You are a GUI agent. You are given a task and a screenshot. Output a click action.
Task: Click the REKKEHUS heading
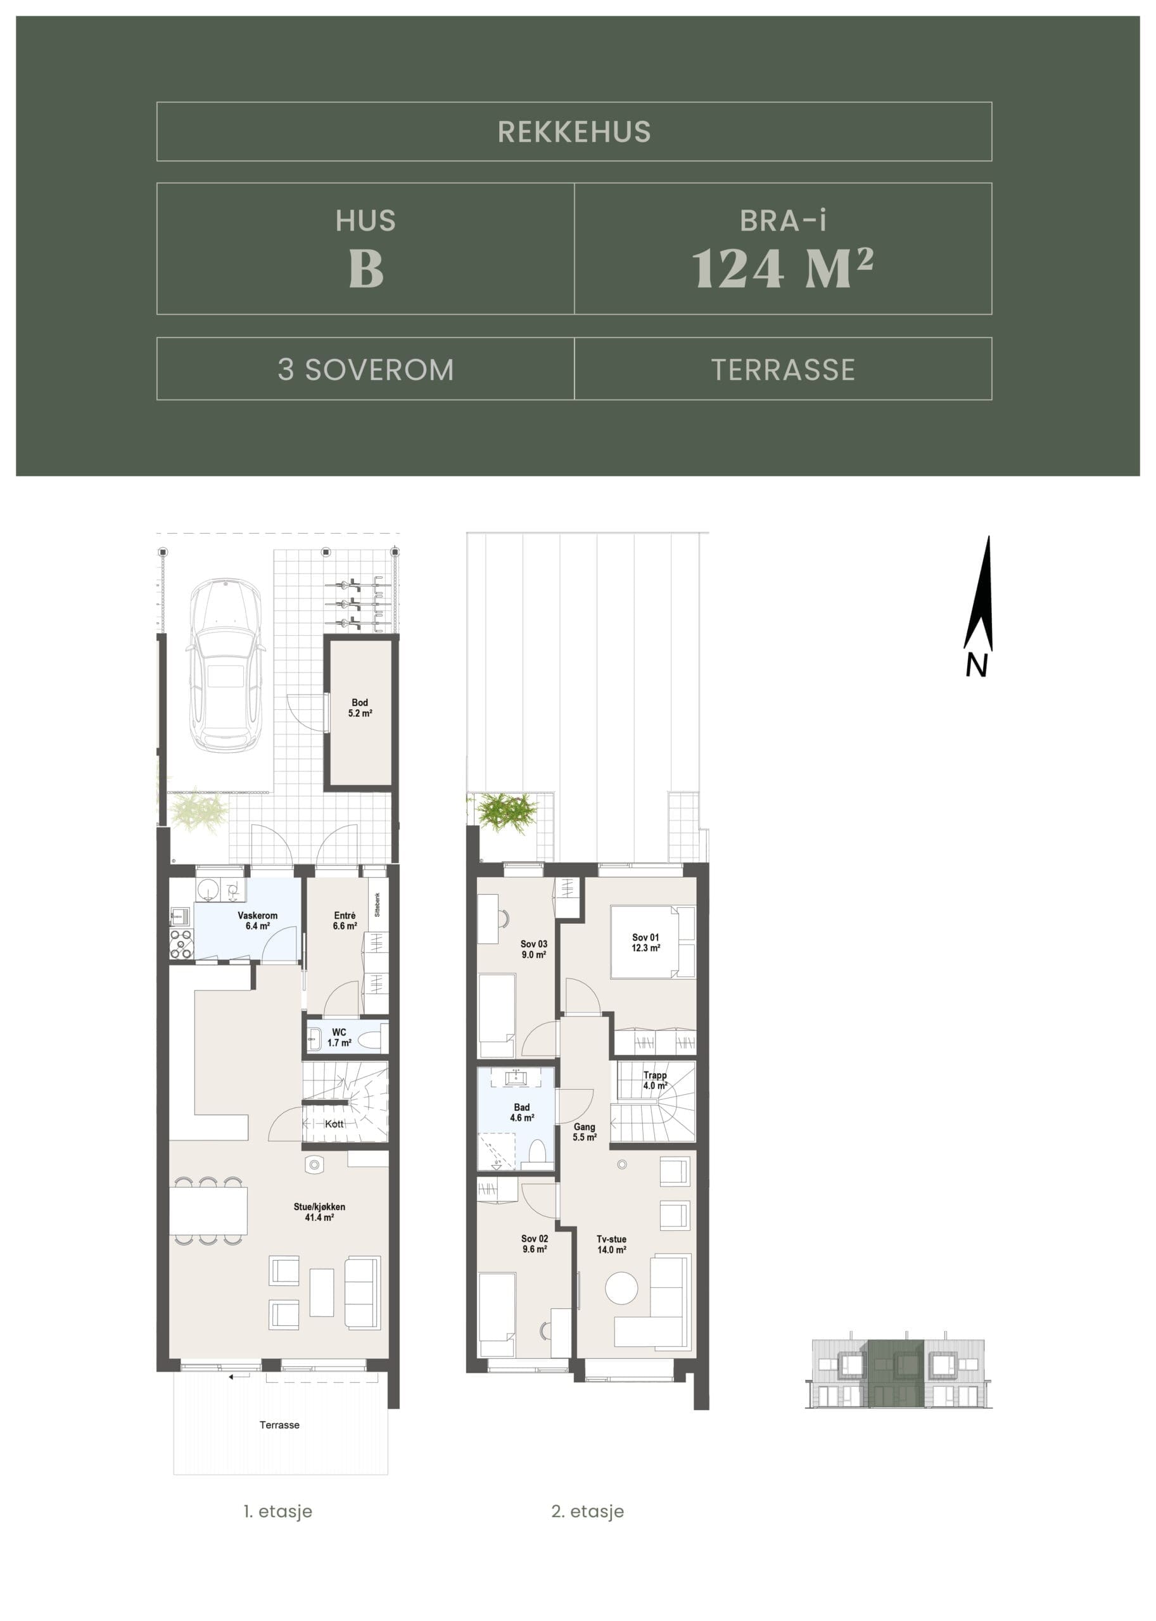[x=574, y=132]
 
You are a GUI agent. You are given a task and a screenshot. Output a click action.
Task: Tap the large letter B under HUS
[x=366, y=269]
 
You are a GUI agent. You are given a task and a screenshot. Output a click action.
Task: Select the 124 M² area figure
[x=782, y=268]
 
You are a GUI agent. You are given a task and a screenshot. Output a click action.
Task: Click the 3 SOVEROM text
[x=366, y=369]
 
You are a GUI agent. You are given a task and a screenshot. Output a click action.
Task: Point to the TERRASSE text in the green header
[x=783, y=369]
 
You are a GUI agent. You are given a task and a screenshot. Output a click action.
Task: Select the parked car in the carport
[x=224, y=665]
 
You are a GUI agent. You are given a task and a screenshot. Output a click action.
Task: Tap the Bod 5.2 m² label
[x=360, y=707]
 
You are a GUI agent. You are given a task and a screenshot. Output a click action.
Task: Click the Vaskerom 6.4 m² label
[x=258, y=921]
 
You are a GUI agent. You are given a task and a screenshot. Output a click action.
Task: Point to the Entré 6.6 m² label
[x=345, y=921]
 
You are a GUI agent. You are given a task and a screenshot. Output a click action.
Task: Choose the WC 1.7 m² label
[x=339, y=1037]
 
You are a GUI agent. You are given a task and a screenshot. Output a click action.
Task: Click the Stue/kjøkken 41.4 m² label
[x=320, y=1212]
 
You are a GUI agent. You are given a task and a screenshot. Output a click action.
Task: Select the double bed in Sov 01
[x=652, y=942]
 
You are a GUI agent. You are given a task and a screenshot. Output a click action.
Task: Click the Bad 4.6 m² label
[x=522, y=1112]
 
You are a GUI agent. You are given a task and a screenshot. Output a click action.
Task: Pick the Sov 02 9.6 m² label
[x=535, y=1243]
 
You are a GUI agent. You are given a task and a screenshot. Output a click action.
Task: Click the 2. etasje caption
[x=587, y=1511]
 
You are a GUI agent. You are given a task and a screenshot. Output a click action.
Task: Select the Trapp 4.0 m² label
[x=655, y=1080]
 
